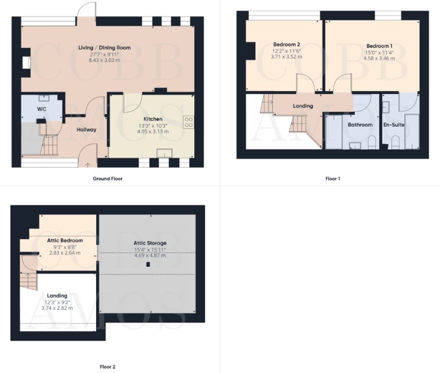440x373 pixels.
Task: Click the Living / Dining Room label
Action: point(104,48)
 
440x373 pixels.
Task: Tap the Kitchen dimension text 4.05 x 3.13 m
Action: point(152,132)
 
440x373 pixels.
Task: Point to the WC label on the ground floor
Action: point(42,109)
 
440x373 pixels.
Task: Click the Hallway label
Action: point(86,130)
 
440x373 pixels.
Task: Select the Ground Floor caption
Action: point(107,179)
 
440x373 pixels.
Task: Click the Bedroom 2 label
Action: point(286,44)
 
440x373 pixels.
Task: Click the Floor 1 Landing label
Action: point(303,106)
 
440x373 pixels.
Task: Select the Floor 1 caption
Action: point(333,179)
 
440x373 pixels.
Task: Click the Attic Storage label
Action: point(150,243)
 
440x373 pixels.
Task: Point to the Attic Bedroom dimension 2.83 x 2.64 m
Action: point(65,253)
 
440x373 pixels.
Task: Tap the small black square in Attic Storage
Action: point(148,265)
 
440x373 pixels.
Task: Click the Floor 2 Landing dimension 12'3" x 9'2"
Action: point(57,302)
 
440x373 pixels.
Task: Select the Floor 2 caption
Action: point(107,367)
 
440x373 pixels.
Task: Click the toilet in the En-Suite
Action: point(394,142)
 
